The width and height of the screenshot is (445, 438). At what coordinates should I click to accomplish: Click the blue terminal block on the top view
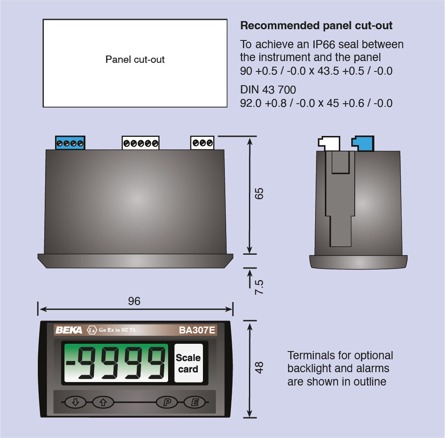[70, 142]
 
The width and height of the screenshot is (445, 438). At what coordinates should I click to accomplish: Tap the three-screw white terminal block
[203, 142]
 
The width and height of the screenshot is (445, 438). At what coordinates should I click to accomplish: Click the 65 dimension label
[259, 194]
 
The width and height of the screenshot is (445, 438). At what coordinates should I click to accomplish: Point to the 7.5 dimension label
[259, 287]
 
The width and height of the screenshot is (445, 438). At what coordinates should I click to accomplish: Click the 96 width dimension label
[134, 301]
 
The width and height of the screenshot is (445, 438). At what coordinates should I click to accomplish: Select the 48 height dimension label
[259, 367]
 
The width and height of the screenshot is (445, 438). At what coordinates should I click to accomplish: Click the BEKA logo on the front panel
[69, 330]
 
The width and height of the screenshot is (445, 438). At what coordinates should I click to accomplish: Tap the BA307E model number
[197, 330]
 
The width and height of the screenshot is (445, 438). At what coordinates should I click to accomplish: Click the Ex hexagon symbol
[92, 330]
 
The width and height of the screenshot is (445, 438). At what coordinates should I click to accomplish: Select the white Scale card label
[188, 363]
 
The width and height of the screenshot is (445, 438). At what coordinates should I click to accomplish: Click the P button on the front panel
[167, 402]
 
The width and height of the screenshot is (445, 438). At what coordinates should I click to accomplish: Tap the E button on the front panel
[195, 402]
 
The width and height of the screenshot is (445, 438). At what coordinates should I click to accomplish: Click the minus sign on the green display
[71, 363]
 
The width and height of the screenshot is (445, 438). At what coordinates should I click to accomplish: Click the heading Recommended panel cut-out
[316, 25]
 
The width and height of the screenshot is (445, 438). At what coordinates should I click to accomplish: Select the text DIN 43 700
[268, 90]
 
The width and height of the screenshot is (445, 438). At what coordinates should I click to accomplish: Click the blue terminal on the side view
[363, 143]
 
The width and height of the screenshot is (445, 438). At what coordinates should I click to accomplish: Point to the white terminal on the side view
[329, 144]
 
